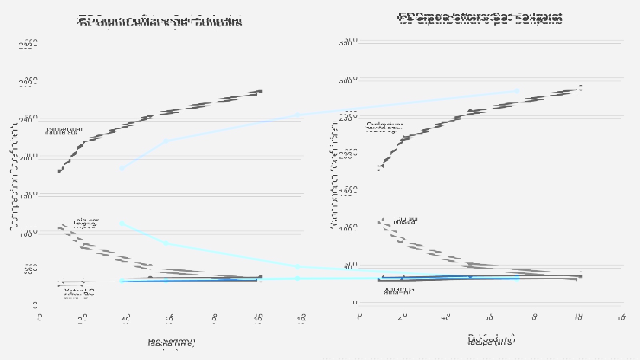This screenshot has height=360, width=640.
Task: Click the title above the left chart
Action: point(160,21)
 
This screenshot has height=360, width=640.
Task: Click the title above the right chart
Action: point(480,18)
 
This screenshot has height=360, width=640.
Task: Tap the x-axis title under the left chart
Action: point(171,343)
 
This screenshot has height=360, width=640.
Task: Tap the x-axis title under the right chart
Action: point(491,340)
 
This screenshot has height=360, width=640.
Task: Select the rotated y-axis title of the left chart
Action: point(15,176)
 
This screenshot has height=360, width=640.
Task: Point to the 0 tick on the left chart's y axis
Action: point(35,305)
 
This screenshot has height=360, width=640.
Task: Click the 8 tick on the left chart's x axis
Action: point(214,318)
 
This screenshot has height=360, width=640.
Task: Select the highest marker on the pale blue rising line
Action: point(517,91)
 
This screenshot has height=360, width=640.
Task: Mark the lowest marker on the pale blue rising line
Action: point(122,168)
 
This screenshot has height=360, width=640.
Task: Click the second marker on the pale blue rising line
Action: point(166,141)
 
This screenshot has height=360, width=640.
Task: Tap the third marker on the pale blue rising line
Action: point(297,115)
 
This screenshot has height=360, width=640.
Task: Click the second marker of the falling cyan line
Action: point(166,243)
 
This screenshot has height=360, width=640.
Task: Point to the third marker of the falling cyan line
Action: point(297,266)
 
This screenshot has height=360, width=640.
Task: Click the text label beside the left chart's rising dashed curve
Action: point(64,131)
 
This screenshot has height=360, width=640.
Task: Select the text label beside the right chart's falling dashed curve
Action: point(405,220)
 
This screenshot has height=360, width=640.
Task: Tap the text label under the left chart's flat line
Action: point(79,293)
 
